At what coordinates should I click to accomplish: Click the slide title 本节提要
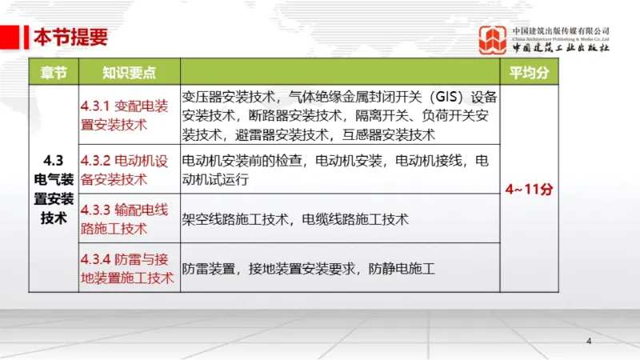tap(70, 37)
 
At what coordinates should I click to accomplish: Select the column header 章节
tap(54, 72)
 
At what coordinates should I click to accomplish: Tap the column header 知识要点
tap(129, 72)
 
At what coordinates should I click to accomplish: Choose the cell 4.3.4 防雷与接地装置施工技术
tap(127, 268)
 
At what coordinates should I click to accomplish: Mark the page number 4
tap(589, 342)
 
